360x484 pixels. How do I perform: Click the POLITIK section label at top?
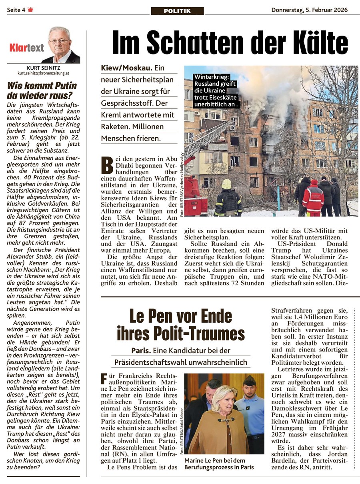click(x=177, y=11)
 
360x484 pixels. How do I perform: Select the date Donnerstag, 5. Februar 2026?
click(x=309, y=10)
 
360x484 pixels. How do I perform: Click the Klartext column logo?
click(x=27, y=48)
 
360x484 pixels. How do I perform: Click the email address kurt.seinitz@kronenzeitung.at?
click(x=43, y=74)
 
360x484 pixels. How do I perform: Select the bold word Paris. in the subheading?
click(x=141, y=350)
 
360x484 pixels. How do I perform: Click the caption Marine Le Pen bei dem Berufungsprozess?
click(x=219, y=464)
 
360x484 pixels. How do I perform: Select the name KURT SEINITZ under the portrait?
click(x=43, y=68)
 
